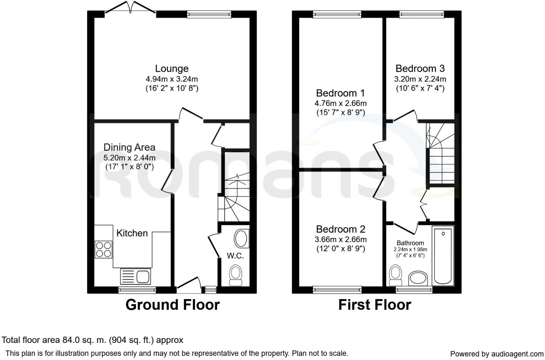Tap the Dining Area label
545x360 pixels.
129,148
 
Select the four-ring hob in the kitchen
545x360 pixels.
103,249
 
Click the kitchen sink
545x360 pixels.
135,277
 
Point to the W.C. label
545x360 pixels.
235,256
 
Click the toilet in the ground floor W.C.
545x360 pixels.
236,275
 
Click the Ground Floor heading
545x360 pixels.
172,305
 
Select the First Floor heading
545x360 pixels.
374,305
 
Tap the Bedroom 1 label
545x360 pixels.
340,93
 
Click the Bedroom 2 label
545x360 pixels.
340,229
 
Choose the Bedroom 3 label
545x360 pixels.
420,68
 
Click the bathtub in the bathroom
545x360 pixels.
443,255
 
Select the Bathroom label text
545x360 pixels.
410,243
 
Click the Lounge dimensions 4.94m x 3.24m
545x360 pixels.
172,79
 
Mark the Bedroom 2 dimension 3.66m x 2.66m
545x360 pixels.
340,240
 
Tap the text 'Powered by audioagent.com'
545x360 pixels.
497,354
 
